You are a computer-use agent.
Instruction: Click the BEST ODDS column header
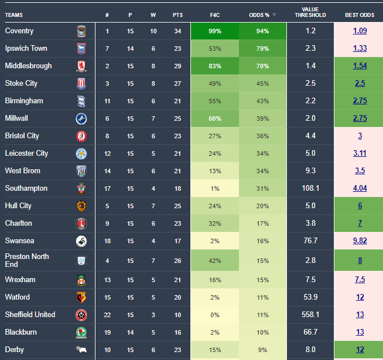(359, 15)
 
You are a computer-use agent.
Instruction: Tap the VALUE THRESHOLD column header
(310, 12)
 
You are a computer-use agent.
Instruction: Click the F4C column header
(215, 15)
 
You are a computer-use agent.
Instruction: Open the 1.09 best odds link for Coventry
(360, 31)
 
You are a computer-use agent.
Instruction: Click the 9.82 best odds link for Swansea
(360, 241)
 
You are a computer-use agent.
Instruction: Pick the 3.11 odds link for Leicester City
(360, 153)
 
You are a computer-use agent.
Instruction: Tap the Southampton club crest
(81, 188)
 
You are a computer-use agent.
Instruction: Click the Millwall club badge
(81, 118)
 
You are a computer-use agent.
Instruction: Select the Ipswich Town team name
(26, 49)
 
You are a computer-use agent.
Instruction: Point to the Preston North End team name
(27, 260)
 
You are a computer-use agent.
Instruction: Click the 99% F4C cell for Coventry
(215, 31)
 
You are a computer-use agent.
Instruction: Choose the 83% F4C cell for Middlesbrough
(215, 66)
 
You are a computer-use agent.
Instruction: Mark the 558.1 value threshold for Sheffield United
(311, 315)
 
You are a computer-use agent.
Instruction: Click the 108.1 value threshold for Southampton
(311, 188)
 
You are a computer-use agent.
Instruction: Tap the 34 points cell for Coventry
(177, 31)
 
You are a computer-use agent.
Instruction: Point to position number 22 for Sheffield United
(107, 315)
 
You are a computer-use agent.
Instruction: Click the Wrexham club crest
(81, 280)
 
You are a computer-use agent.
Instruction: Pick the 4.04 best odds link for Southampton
(360, 188)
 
